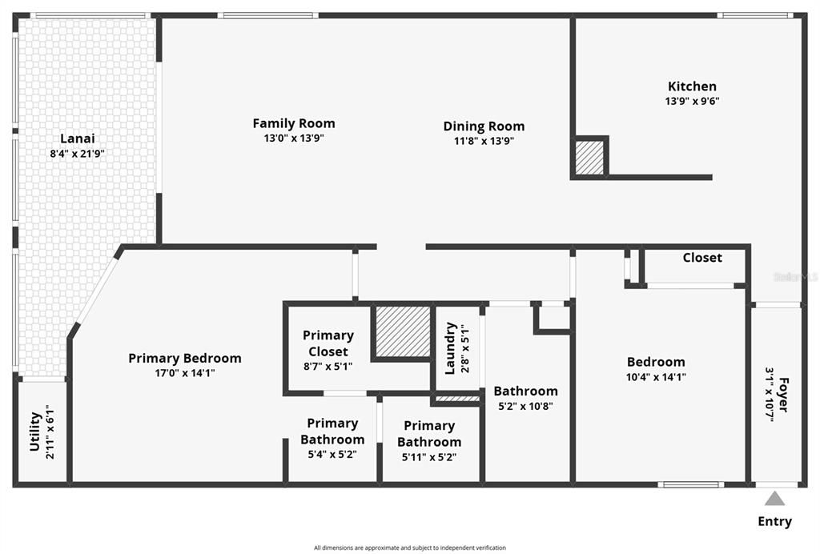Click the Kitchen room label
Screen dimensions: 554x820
(x=692, y=86)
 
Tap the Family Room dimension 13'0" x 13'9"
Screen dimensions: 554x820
(x=293, y=138)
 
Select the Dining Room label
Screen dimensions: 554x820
(x=484, y=126)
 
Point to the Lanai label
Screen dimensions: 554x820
(x=77, y=138)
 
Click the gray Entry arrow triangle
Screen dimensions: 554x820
(x=774, y=499)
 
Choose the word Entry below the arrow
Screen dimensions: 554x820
(x=774, y=522)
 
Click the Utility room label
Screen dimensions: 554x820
(x=35, y=432)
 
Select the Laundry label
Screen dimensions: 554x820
(x=450, y=348)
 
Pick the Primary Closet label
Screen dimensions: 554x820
(x=328, y=343)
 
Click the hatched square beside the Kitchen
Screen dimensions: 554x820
(x=590, y=157)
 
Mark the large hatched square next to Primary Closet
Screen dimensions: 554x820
(x=404, y=331)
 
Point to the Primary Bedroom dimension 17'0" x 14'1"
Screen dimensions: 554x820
(x=184, y=373)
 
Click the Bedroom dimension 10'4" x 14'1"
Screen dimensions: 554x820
(x=656, y=377)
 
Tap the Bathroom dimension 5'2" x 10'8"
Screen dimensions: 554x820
(x=525, y=406)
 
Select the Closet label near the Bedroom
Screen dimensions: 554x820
(x=702, y=258)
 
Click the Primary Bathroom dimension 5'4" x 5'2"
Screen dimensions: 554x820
(x=332, y=454)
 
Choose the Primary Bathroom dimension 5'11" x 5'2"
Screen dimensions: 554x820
(x=429, y=457)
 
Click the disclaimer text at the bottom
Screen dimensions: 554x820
(x=409, y=548)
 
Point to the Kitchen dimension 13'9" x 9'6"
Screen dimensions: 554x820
(x=692, y=102)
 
